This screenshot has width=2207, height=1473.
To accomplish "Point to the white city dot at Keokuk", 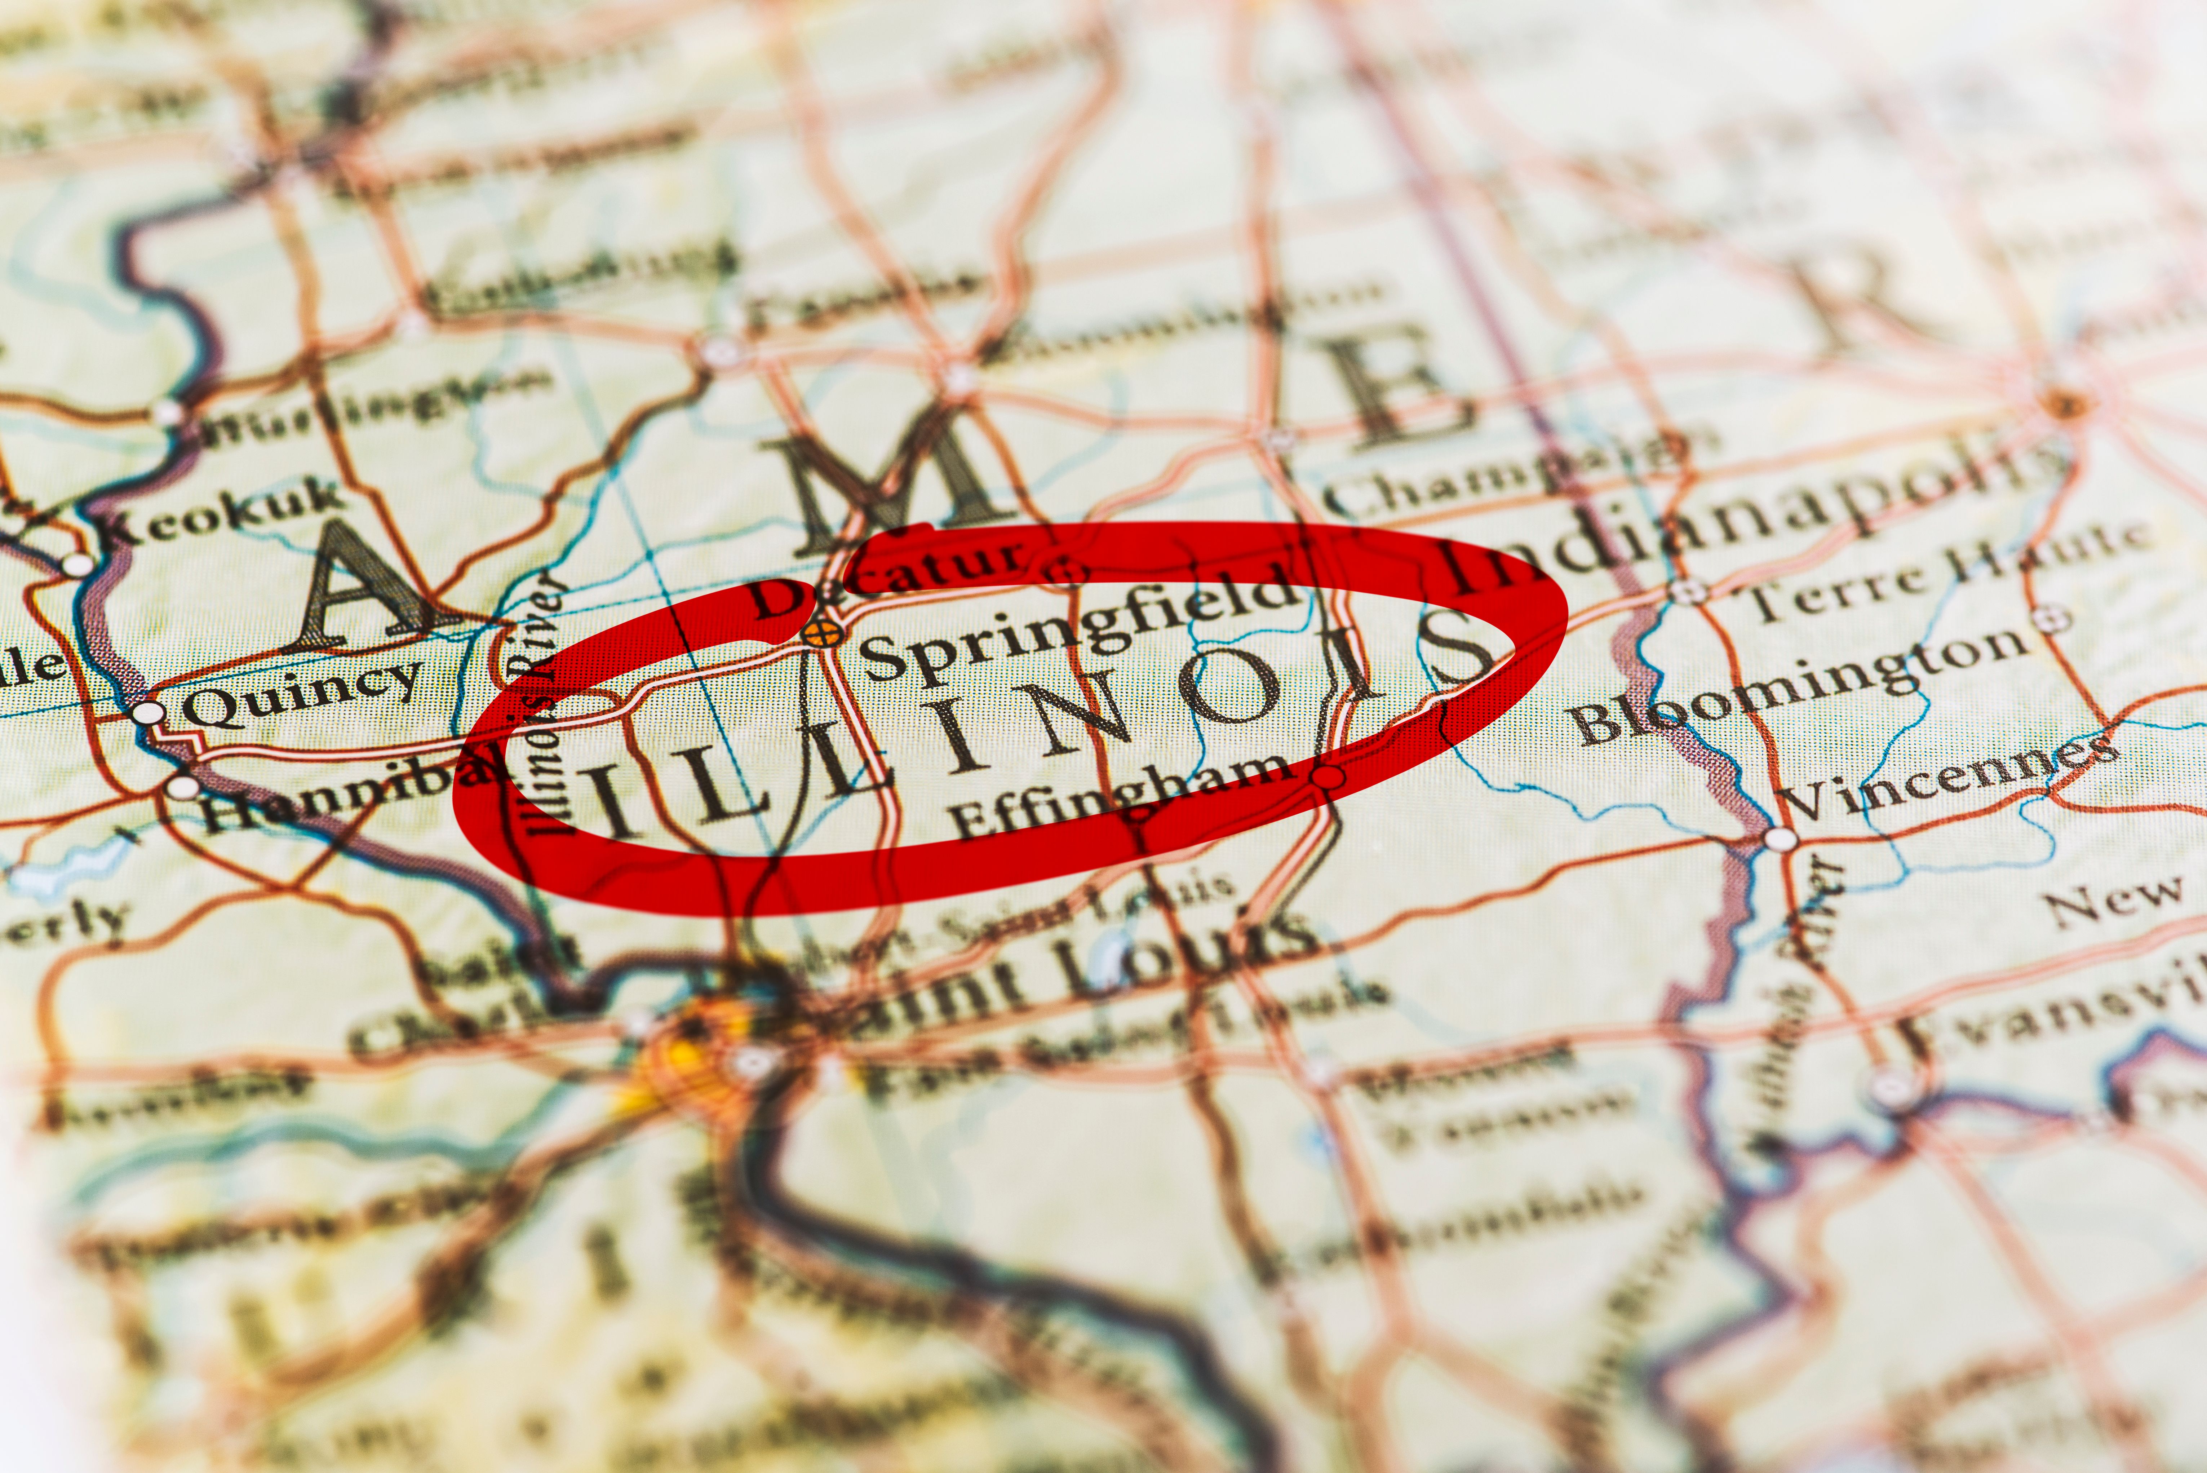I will click(x=78, y=565).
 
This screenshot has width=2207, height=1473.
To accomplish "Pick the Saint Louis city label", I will click(x=1061, y=977).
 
